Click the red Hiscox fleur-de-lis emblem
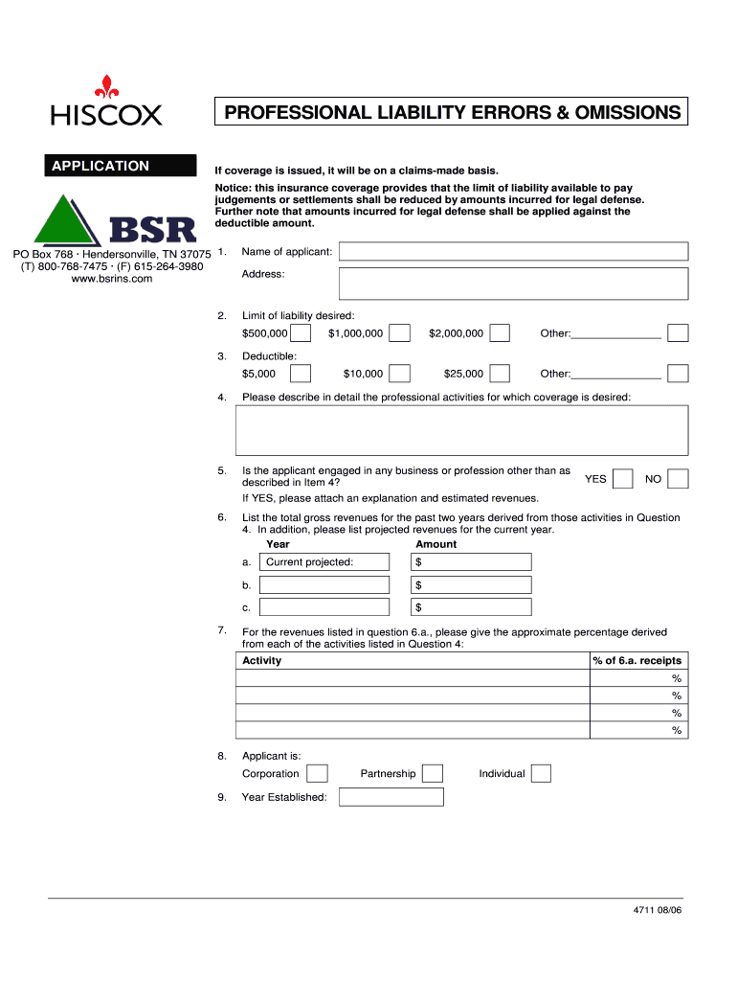[106, 87]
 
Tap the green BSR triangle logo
[68, 221]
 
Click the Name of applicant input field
[514, 251]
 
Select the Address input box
[514, 284]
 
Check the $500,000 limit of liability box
[301, 333]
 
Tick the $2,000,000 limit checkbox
[500, 333]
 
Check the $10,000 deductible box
[400, 374]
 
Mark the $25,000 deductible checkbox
[500, 374]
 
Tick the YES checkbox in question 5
[622, 478]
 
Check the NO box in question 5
[679, 478]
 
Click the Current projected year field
[324, 561]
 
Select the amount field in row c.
[471, 607]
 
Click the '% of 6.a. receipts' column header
[637, 661]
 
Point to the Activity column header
[262, 661]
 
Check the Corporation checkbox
[318, 773]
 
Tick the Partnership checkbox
[433, 773]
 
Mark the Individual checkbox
[541, 773]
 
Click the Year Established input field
[391, 797]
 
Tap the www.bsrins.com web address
[112, 279]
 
